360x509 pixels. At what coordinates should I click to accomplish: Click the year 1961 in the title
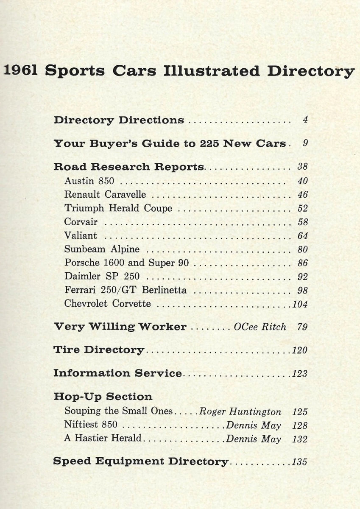(x=21, y=70)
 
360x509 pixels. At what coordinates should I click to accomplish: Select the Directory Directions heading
(x=119, y=120)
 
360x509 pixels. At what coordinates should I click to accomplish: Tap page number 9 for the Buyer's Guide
(x=305, y=143)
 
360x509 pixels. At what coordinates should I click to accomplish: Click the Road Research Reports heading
(x=129, y=167)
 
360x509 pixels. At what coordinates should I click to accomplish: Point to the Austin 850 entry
(x=89, y=181)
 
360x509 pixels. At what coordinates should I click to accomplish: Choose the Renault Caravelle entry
(x=105, y=195)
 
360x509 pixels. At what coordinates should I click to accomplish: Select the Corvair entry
(x=81, y=222)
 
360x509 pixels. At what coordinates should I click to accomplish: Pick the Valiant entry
(x=81, y=235)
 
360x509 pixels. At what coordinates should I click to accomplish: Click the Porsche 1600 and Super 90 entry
(x=126, y=263)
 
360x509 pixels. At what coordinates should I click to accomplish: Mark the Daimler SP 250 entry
(x=102, y=277)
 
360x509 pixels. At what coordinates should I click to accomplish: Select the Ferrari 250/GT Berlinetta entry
(x=126, y=291)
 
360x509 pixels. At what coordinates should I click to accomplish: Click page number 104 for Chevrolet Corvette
(x=300, y=304)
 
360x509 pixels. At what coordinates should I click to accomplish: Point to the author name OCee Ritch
(x=260, y=327)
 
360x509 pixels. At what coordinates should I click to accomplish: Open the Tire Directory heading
(x=99, y=350)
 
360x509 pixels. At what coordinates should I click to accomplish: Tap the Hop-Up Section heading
(x=103, y=397)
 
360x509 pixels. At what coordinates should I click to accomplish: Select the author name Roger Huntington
(x=240, y=411)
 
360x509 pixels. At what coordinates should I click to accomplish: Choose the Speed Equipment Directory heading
(x=140, y=461)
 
